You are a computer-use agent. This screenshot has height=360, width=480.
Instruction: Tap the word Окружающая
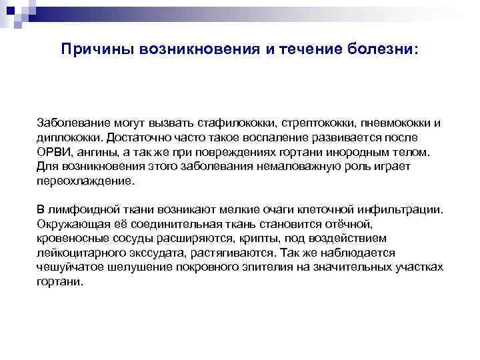[71, 224]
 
